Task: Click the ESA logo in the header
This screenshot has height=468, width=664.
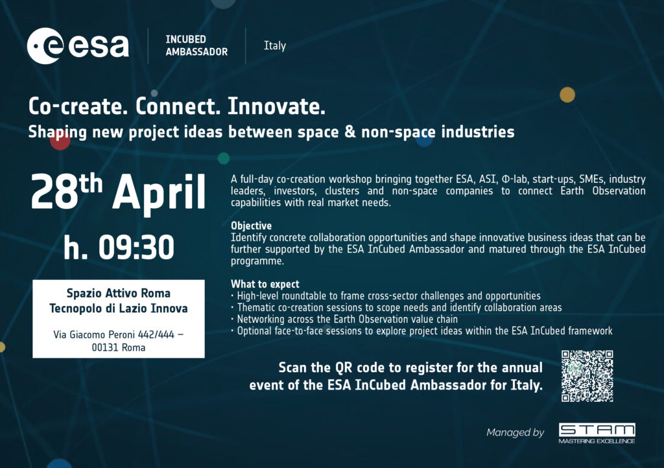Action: click(78, 46)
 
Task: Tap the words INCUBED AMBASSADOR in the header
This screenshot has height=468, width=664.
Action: click(196, 46)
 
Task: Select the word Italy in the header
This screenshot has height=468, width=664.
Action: click(275, 46)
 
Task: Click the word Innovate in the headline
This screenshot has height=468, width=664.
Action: click(276, 106)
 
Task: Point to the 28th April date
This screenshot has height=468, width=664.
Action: click(118, 192)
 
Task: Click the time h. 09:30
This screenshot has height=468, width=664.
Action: click(119, 247)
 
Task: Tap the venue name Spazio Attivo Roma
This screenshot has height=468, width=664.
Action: click(119, 293)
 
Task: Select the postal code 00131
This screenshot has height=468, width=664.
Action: click(105, 347)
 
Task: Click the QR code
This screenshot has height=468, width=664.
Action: click(587, 376)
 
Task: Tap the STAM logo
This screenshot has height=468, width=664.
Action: click(597, 433)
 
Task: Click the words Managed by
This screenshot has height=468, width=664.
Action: click(515, 432)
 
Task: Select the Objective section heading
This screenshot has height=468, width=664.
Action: click(251, 226)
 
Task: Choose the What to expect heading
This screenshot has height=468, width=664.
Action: click(265, 284)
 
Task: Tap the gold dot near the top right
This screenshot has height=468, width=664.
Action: click(567, 95)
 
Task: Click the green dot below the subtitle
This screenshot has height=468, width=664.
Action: click(224, 158)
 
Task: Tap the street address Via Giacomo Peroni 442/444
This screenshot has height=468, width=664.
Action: click(114, 334)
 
